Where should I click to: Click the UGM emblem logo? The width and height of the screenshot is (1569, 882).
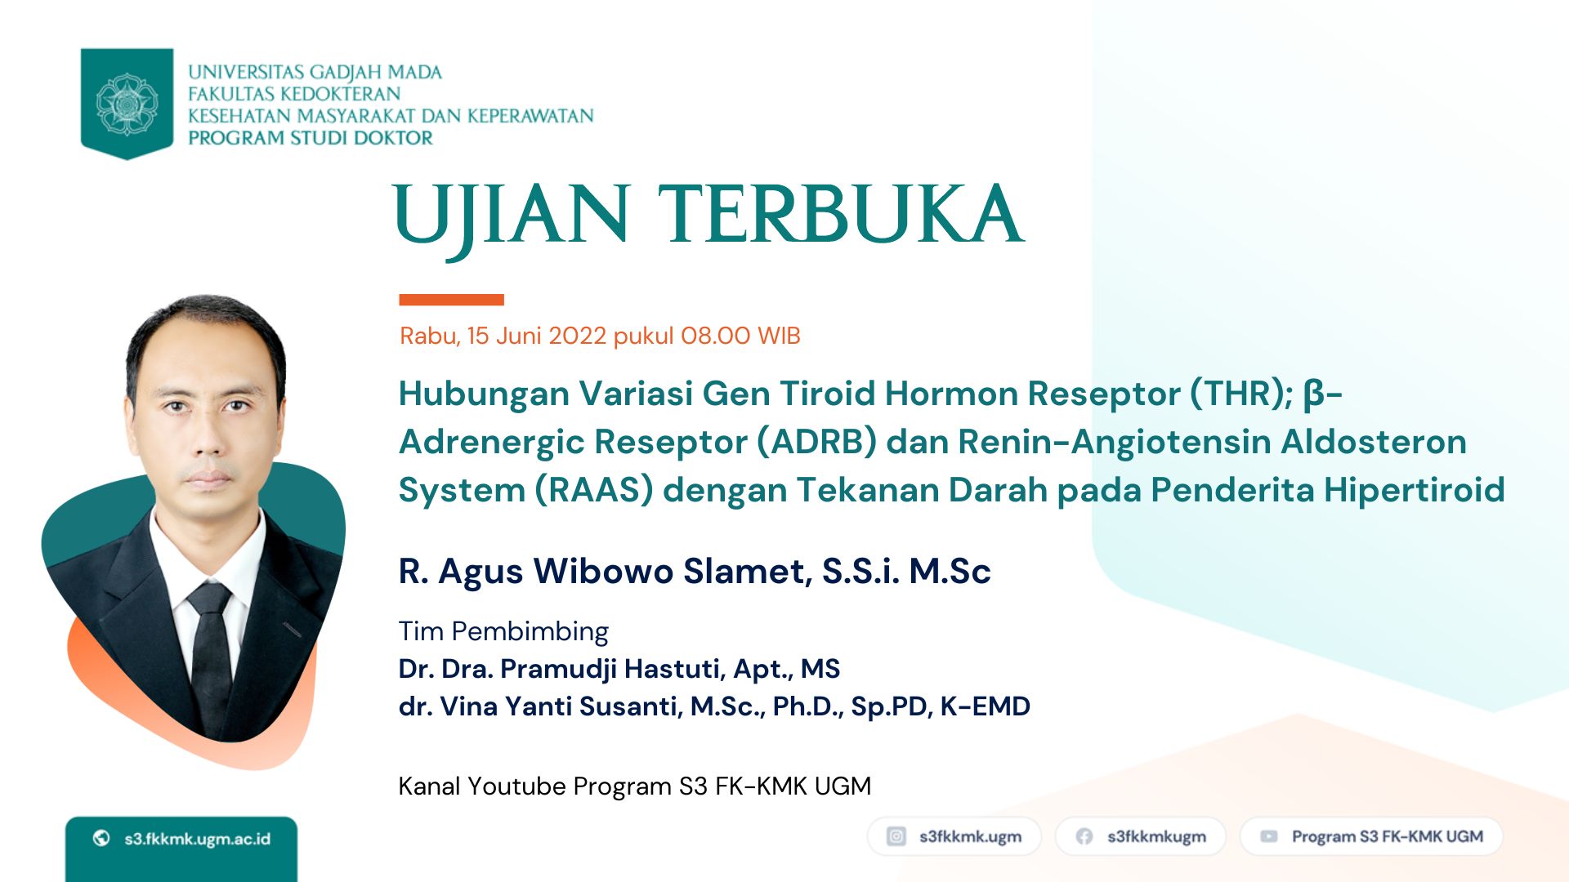tap(127, 104)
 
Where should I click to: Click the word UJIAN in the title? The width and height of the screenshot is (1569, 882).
tap(512, 216)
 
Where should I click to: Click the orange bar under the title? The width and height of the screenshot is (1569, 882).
tap(451, 300)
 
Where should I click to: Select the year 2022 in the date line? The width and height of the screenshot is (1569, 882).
tap(577, 336)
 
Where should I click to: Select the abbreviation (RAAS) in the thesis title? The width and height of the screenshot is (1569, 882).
tap(594, 490)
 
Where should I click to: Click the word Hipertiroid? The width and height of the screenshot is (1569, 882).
tap(1414, 490)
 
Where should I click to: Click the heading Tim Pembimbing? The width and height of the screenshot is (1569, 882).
tap(503, 631)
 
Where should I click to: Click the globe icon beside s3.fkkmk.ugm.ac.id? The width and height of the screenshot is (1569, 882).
tap(101, 838)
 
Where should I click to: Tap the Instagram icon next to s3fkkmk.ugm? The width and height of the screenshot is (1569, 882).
tap(896, 836)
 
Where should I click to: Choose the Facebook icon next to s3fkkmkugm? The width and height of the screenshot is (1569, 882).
tap(1084, 836)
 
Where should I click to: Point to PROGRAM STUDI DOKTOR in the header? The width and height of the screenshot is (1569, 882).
tap(311, 138)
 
